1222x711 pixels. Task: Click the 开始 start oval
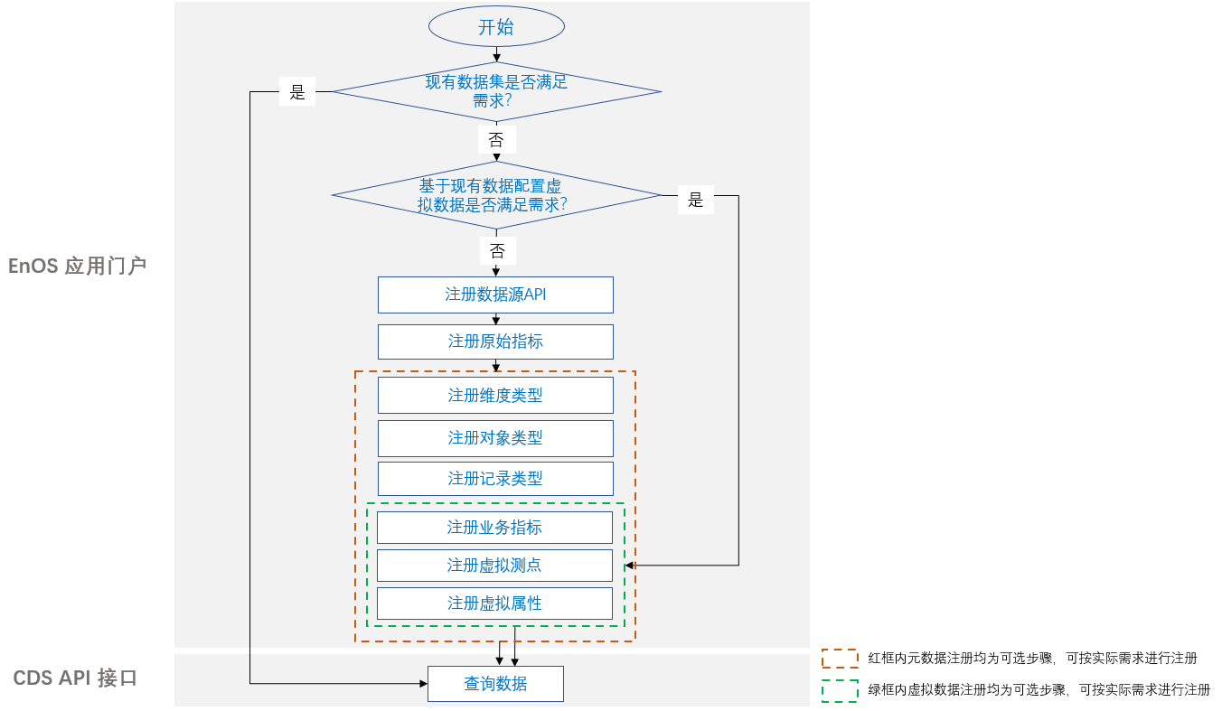tap(496, 27)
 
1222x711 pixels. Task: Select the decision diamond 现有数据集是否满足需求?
tap(496, 91)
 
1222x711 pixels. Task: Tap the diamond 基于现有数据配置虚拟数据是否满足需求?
tap(496, 195)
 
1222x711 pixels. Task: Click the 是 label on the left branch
tap(297, 92)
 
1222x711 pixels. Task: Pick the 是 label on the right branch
tap(695, 200)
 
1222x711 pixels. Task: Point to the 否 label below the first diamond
tap(496, 139)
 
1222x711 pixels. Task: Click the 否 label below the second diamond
tap(496, 250)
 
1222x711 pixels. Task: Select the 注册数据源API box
tap(495, 295)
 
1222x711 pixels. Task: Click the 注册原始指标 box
tap(495, 341)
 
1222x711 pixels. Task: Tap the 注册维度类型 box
tap(495, 395)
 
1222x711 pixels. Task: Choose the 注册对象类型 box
tap(495, 437)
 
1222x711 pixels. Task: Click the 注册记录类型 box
tap(495, 478)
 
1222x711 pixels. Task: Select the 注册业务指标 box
tap(494, 527)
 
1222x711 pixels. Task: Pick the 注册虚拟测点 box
tap(494, 565)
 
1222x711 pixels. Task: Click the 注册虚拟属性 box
tap(494, 603)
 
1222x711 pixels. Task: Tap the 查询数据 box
tap(495, 684)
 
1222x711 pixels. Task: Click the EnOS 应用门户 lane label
tap(77, 266)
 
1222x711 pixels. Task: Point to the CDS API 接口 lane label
tap(75, 678)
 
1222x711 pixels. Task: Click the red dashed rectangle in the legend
tap(840, 658)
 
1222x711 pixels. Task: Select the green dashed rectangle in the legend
tap(840, 689)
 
